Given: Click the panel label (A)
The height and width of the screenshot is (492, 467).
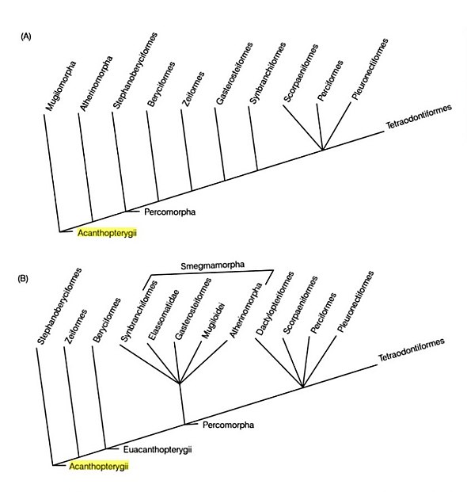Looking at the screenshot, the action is pos(26,36).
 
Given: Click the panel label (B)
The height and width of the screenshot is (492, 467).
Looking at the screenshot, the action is pos(23,279).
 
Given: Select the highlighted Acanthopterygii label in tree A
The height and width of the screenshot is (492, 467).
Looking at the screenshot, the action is pos(107,233).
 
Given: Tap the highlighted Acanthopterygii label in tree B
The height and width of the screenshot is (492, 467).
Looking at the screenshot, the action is pos(99,467).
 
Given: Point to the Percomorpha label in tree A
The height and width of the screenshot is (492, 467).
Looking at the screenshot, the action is pos(170,212).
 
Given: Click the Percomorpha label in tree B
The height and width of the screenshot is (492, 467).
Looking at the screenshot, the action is pos(228,425).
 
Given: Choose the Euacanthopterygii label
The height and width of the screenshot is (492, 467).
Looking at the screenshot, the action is pos(158,450).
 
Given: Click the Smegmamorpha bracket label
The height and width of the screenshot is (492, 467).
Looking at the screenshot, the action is pos(212,265).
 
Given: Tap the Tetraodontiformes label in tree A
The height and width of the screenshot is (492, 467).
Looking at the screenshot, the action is pos(419,116).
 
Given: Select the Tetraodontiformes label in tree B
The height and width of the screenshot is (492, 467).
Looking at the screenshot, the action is pos(412,349).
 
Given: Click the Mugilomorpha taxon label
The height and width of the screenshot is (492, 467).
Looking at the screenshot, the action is pos(61,86).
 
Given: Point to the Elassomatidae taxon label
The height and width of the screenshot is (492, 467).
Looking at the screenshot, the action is pos(164,315).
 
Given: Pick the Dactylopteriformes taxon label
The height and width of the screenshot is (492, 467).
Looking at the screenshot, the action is pos(275,303).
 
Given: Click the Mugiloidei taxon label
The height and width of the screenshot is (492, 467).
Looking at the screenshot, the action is pos(214,321).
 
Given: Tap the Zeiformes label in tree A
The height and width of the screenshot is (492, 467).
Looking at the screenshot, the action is pos(193,89).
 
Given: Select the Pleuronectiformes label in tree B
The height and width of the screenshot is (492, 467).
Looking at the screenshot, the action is pos(355,301).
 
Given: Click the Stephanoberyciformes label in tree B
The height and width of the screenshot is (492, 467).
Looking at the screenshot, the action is pos(59,306).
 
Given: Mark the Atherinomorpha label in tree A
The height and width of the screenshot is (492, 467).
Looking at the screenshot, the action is pos(96,83).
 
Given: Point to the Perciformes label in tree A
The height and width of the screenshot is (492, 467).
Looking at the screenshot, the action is pos(330,81).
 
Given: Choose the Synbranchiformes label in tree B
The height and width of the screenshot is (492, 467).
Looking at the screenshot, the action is pos(139,311).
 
